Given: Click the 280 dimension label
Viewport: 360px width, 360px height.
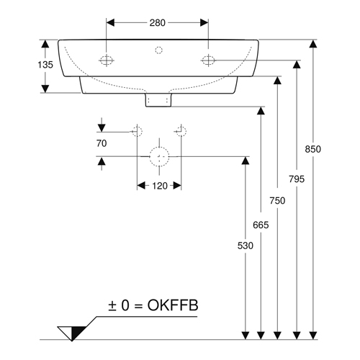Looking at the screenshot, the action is (158, 23).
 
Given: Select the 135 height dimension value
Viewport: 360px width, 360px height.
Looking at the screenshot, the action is (45, 65).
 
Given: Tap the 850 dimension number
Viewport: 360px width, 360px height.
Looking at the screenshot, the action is (312, 149).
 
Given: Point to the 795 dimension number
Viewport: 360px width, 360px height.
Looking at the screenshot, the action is (297, 179).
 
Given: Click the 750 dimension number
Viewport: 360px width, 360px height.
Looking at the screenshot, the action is (277, 201).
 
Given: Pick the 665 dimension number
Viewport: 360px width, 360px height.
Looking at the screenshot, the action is (261, 225).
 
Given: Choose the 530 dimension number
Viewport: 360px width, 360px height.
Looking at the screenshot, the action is (246, 246).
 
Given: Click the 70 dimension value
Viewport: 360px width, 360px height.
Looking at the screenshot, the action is (102, 143).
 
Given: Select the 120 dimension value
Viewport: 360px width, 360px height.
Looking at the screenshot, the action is (160, 186).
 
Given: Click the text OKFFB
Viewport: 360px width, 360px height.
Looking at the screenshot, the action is (173, 305).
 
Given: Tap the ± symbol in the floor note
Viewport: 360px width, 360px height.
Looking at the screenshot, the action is (112, 306).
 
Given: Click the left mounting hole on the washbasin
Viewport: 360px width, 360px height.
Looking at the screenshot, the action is (107, 60).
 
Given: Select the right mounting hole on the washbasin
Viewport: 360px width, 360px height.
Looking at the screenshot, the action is (208, 60).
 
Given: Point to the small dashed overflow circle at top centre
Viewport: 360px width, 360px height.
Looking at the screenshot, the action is (158, 50).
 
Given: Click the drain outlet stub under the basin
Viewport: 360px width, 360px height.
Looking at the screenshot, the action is (158, 99).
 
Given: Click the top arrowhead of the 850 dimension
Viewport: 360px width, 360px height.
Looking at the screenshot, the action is (312, 44).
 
